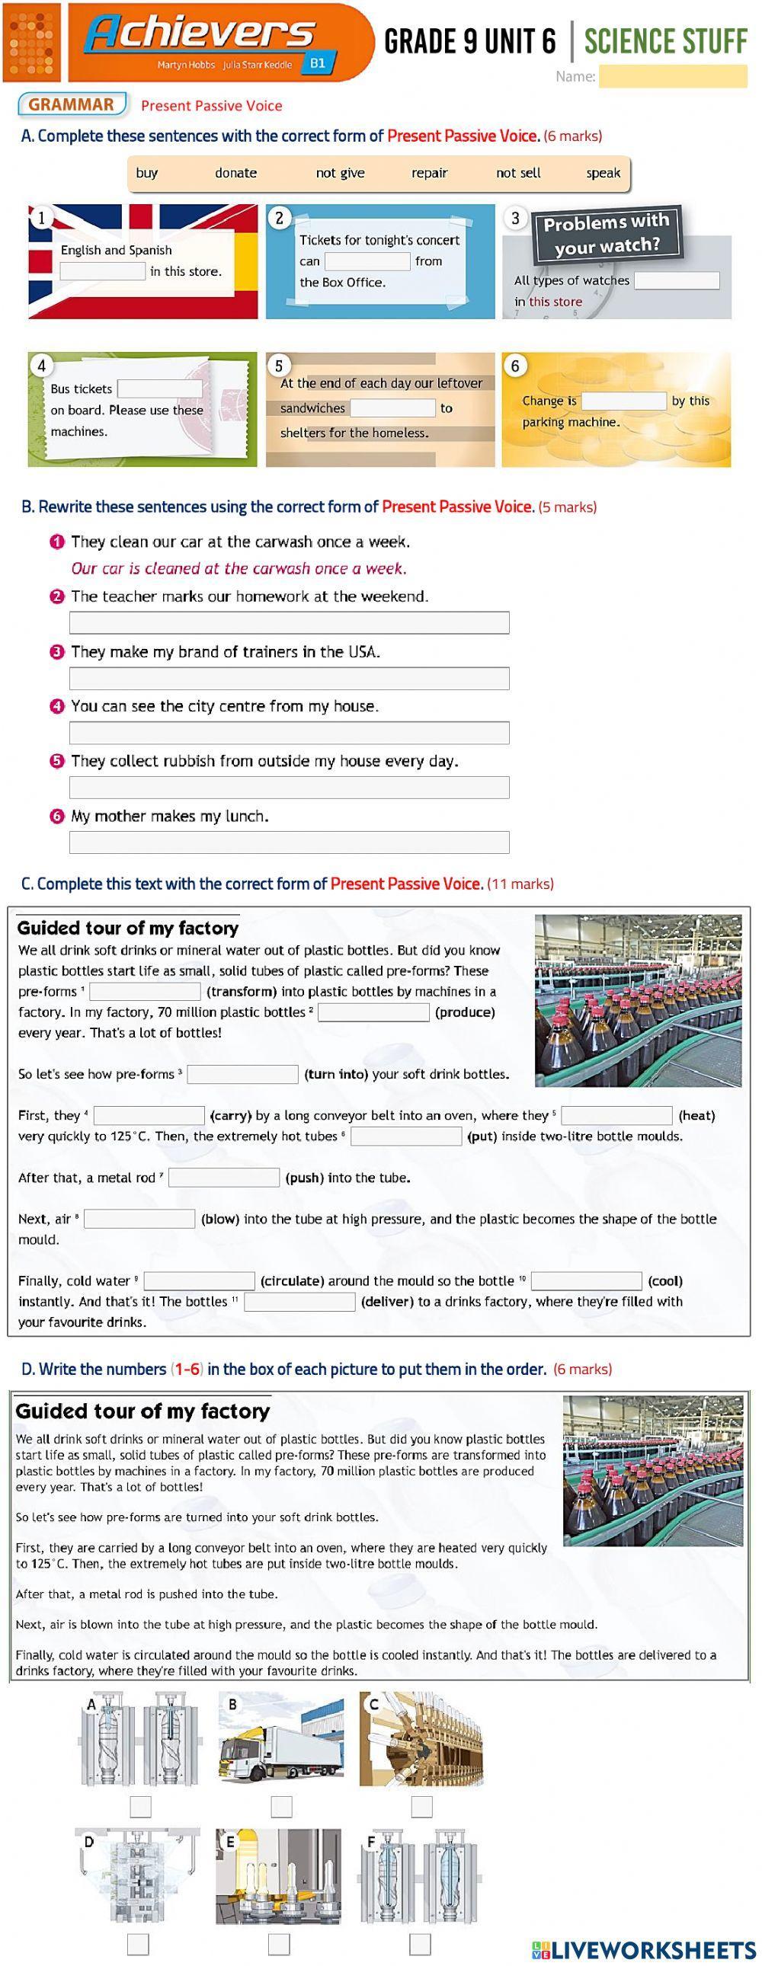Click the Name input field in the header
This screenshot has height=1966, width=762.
click(x=672, y=76)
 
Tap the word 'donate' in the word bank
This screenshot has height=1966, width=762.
click(x=235, y=173)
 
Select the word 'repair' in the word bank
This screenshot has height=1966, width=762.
click(x=429, y=173)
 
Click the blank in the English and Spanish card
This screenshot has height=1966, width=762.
click(x=102, y=272)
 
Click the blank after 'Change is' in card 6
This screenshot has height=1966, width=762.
click(x=624, y=401)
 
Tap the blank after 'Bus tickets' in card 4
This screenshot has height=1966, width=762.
click(x=159, y=389)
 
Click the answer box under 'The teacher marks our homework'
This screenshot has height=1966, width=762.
click(x=289, y=623)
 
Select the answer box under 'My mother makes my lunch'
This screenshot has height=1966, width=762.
click(x=289, y=842)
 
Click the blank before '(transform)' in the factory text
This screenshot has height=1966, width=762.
click(x=145, y=992)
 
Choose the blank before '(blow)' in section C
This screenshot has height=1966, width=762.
click(x=139, y=1219)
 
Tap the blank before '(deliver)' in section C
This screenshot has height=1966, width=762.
click(x=299, y=1302)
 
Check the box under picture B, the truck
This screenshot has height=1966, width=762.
click(x=281, y=1807)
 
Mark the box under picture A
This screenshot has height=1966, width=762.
click(x=140, y=1807)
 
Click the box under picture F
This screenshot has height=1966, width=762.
click(x=420, y=1944)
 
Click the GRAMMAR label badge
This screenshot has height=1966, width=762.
click(x=72, y=105)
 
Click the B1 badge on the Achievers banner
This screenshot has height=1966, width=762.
click(x=318, y=63)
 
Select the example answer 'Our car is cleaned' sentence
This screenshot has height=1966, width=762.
click(x=239, y=568)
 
